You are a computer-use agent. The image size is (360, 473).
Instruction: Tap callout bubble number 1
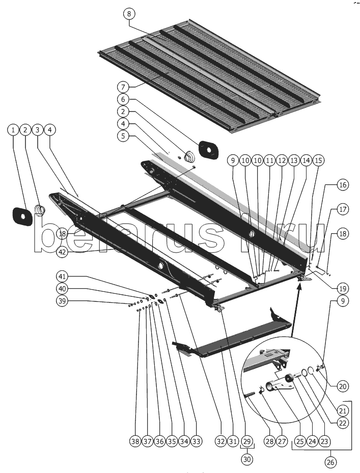pos(13,130)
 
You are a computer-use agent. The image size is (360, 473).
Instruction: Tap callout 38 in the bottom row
pos(134,441)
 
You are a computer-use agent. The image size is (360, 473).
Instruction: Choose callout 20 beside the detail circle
pos(343,386)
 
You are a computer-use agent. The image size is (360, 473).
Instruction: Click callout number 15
pos(318,160)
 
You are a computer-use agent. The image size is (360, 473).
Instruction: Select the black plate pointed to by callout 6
pos(207,149)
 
